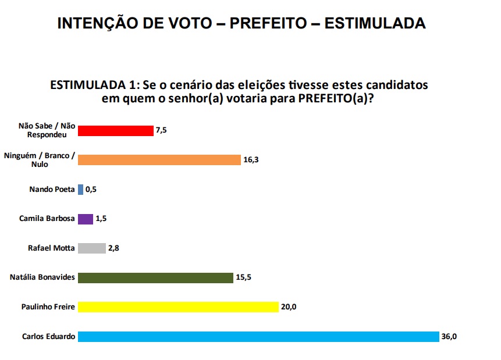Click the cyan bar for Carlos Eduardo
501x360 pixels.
[258, 336]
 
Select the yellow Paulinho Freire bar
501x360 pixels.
[178, 306]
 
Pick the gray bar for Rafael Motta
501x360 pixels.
[92, 248]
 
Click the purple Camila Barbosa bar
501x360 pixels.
[86, 219]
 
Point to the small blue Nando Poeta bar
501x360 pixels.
[80, 189]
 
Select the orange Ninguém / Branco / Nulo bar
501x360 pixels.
[159, 159]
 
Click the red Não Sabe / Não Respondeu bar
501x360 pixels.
[115, 130]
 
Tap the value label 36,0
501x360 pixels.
[449, 336]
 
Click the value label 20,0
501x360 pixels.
[289, 306]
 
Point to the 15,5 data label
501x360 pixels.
[243, 277]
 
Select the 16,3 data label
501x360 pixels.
[251, 159]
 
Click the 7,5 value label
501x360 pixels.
[161, 130]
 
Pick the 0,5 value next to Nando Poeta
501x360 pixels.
[91, 189]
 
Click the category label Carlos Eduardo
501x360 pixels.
[49, 336]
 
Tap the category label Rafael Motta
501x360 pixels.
[51, 248]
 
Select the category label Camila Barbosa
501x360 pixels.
[48, 219]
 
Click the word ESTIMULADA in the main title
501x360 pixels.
[375, 23]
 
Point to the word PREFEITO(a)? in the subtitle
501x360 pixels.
[336, 98]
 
